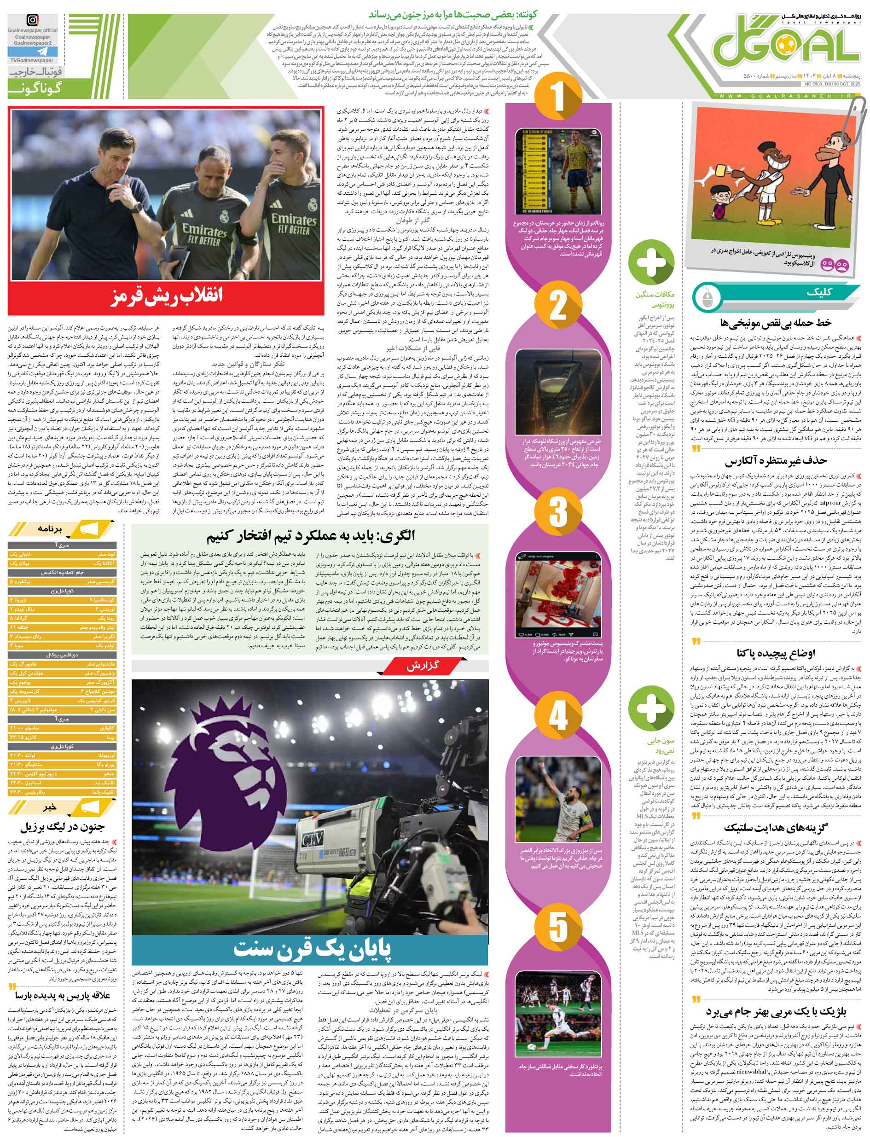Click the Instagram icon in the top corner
(x=33, y=21)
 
